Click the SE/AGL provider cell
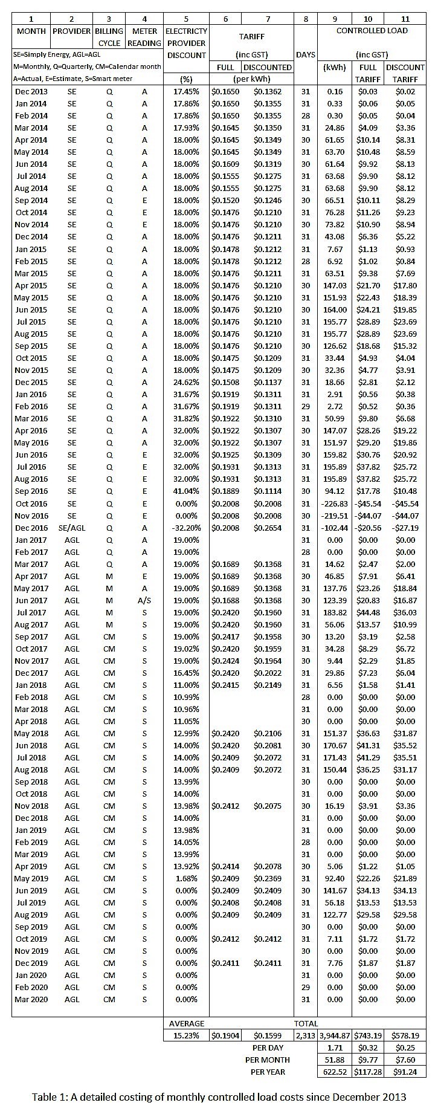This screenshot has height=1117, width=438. (x=71, y=528)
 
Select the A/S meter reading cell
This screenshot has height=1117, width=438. (x=144, y=600)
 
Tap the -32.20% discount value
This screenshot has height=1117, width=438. (x=186, y=528)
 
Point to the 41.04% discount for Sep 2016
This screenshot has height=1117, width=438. (x=186, y=491)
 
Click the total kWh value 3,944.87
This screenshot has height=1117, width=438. (x=334, y=1035)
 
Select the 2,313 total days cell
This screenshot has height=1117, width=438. (x=306, y=1035)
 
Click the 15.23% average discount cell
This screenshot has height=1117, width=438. (x=186, y=1035)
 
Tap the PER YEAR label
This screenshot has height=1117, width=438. (x=268, y=1072)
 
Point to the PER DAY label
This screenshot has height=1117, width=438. (x=268, y=1047)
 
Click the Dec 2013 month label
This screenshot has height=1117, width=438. (x=31, y=91)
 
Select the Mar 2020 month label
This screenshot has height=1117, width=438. (x=31, y=999)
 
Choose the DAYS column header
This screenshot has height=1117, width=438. (x=306, y=54)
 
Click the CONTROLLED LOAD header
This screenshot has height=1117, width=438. (x=372, y=30)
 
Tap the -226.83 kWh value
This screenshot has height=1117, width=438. (x=334, y=503)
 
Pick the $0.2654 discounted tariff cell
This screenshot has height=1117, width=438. (x=267, y=528)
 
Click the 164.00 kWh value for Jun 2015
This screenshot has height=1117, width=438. (x=334, y=309)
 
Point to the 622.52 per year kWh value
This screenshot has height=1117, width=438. (x=334, y=1072)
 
